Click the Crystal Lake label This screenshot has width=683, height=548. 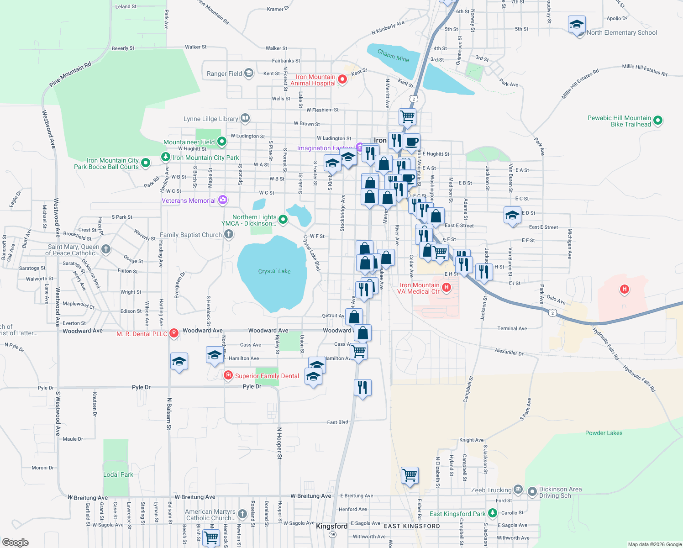click(274, 271)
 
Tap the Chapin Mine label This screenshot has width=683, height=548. click(393, 56)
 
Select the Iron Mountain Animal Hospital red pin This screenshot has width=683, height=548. click(342, 80)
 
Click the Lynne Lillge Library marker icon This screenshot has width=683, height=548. click(245, 119)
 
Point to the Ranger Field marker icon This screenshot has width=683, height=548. click(249, 73)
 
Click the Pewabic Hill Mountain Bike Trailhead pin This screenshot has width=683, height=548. click(658, 121)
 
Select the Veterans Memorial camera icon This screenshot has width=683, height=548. click(222, 200)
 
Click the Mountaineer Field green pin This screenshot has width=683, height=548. click(222, 142)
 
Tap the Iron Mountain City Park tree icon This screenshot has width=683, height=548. click(165, 157)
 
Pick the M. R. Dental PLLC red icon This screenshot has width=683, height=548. click(173, 333)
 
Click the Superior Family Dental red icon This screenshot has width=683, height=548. click(228, 375)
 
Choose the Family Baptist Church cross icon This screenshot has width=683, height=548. click(229, 235)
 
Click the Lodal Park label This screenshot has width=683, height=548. click(118, 474)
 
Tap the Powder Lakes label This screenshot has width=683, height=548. click(604, 433)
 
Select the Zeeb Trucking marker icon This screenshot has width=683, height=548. click(518, 490)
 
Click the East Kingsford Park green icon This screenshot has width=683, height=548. click(492, 513)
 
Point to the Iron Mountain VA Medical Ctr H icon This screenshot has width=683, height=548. click(447, 288)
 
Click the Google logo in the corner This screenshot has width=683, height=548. click(15, 542)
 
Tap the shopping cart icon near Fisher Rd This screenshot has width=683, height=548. click(410, 475)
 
